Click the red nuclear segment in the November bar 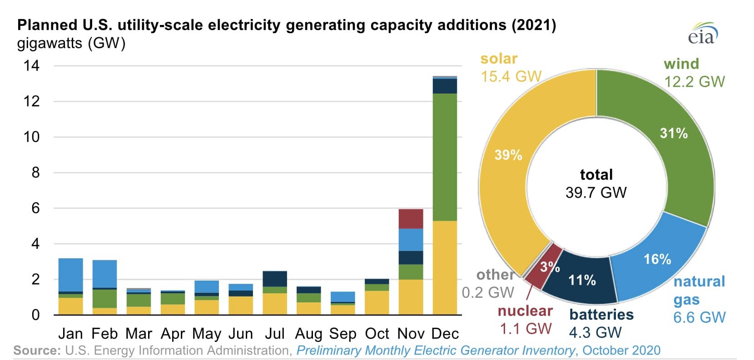pyautogui.click(x=411, y=218)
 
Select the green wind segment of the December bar pyautogui.click(x=445, y=157)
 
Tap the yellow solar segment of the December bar pyautogui.click(x=445, y=267)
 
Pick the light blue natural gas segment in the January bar pyautogui.click(x=70, y=275)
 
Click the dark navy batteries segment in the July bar pyautogui.click(x=275, y=278)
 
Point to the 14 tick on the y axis pyautogui.click(x=32, y=66)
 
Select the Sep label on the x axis pyautogui.click(x=343, y=334)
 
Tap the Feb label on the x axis pyautogui.click(x=104, y=334)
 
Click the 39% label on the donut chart pyautogui.click(x=508, y=155)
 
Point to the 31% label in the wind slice pyautogui.click(x=674, y=133)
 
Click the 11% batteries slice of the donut pyautogui.click(x=582, y=280)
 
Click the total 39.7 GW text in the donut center pyautogui.click(x=596, y=184)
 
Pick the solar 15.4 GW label pyautogui.click(x=511, y=68)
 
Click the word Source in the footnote pyautogui.click(x=37, y=350)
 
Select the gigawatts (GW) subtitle pyautogui.click(x=71, y=43)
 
